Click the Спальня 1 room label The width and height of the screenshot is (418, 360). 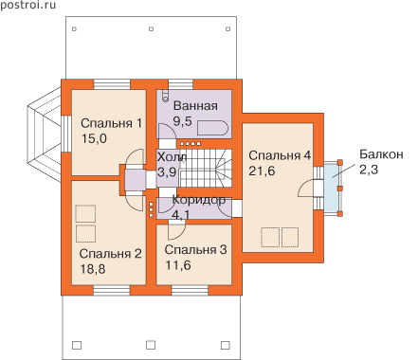111,123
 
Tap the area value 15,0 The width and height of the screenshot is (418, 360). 94,138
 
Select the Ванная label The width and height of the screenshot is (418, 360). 195,106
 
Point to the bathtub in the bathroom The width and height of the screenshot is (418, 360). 212,128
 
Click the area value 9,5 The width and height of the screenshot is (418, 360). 182,121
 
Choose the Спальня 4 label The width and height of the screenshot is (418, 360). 280,155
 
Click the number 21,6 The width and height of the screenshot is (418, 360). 262,171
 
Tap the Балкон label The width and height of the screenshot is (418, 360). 381,154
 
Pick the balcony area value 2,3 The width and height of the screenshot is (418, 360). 369,170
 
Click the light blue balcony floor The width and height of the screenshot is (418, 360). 331,188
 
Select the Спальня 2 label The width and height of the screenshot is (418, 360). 110,254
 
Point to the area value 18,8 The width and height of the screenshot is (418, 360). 93,269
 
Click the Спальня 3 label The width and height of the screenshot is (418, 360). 195,250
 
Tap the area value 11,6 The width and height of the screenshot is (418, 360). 178,265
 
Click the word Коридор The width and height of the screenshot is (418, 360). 199,200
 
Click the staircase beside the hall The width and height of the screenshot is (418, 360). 206,168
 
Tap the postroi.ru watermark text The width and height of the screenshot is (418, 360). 27,5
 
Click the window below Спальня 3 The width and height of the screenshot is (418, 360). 190,290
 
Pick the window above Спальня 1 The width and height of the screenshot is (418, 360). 112,84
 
